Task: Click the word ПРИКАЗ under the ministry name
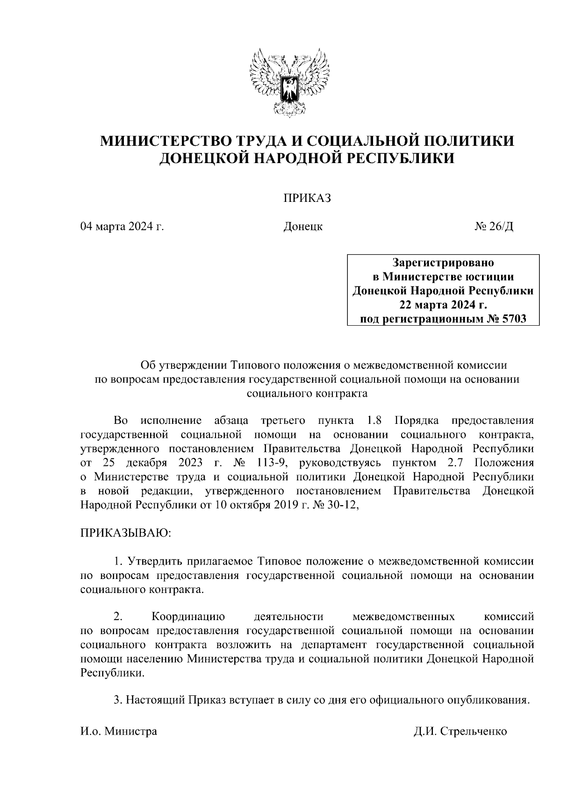pos(306,199)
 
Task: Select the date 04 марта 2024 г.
pos(122,227)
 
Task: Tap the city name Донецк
pos(303,227)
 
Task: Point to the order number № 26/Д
pos(494,227)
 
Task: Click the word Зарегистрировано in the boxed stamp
pos(442,262)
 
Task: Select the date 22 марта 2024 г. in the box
pos(442,305)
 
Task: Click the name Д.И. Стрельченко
pos(460,731)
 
